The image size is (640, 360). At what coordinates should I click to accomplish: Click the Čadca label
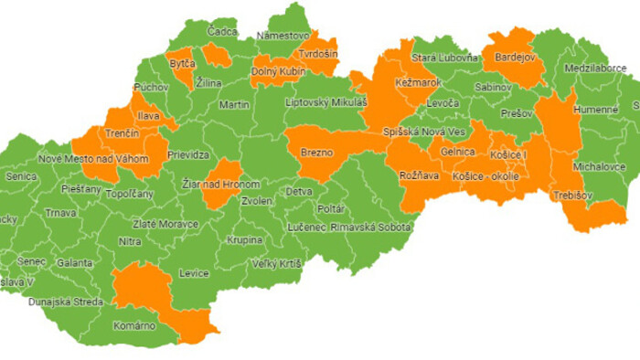(222, 32)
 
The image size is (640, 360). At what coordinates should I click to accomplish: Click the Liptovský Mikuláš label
(325, 102)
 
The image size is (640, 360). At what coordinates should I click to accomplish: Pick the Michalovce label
(600, 167)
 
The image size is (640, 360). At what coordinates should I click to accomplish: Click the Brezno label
(316, 153)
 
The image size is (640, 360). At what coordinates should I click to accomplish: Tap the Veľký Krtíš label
(276, 264)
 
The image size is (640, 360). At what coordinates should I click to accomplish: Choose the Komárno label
(134, 325)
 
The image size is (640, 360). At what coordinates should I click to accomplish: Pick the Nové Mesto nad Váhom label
(93, 159)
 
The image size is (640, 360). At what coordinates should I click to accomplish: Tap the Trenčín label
(121, 134)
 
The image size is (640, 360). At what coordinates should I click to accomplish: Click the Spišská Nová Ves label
(423, 132)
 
